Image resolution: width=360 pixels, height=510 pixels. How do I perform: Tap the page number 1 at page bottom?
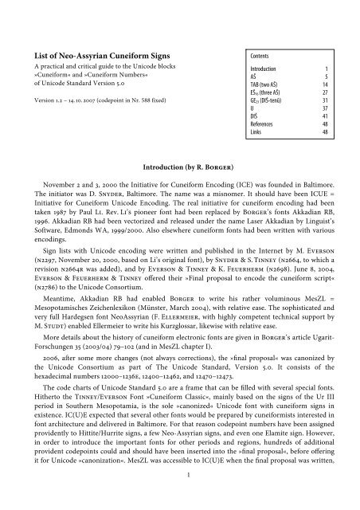(x=180, y=499)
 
